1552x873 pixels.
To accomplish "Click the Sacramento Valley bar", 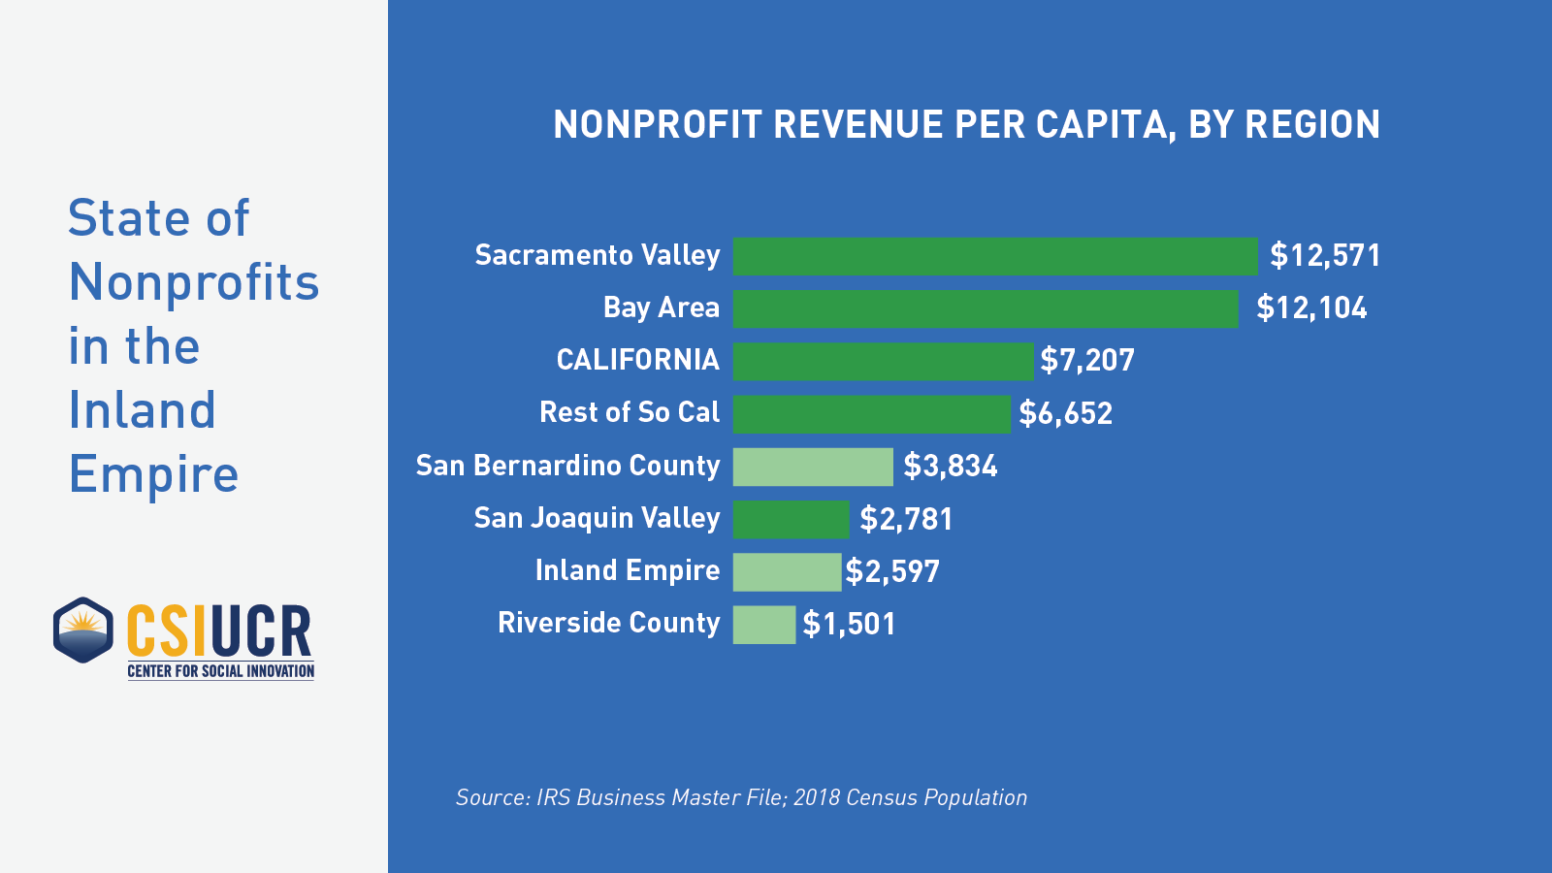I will pos(994,256).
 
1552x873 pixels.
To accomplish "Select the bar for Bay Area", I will pos(985,308).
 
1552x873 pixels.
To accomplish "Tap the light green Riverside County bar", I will pos(763,624).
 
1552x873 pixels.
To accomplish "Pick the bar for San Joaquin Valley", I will pos(791,519).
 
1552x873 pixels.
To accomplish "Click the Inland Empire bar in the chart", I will pos(787,571).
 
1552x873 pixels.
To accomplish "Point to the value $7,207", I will pos(1086,361).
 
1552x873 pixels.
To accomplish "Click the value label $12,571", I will pos(1325,256).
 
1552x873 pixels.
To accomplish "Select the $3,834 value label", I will pos(950,467).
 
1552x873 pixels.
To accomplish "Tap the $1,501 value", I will pos(849,624).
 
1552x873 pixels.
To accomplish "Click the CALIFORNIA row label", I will pos(637,360).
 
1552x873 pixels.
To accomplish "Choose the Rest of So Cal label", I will pos(630,412).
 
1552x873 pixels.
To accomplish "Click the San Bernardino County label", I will pos(567,466).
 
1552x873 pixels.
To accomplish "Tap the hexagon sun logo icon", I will pos(83,630).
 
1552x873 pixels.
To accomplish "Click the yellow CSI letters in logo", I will pos(166,630).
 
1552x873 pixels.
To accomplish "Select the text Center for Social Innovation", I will pos(220,671).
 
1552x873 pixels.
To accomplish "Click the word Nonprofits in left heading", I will pos(194,282).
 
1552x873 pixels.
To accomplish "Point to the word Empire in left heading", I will pos(153,474).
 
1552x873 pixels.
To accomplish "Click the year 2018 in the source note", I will pos(816,797).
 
